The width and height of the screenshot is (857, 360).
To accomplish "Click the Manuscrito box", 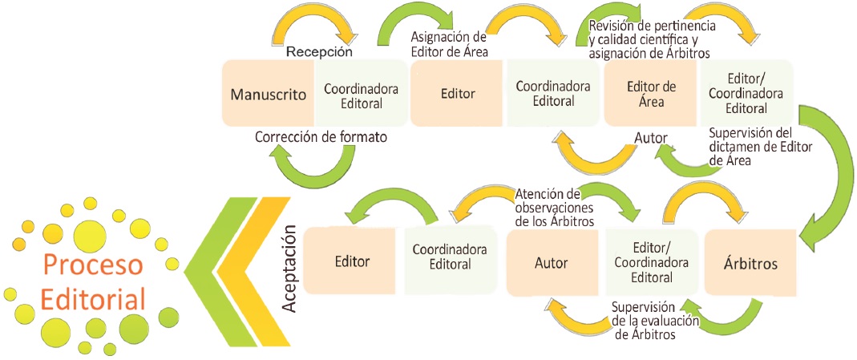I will click(x=269, y=94).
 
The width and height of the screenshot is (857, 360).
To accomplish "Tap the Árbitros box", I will click(x=750, y=262).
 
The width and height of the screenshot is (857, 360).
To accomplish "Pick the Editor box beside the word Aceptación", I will click(x=351, y=261).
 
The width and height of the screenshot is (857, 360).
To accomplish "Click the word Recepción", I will click(x=319, y=52).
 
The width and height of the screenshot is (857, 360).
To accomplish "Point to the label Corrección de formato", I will click(x=321, y=137).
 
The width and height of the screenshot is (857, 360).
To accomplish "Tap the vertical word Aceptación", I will click(x=290, y=267).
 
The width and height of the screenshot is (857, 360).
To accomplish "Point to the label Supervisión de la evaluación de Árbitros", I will click(x=654, y=321).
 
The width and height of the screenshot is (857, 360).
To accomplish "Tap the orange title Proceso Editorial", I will click(x=94, y=281).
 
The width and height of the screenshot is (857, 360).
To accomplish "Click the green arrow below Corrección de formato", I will click(x=316, y=166).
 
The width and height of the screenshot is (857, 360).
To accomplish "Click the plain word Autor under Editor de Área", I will click(x=651, y=137).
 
